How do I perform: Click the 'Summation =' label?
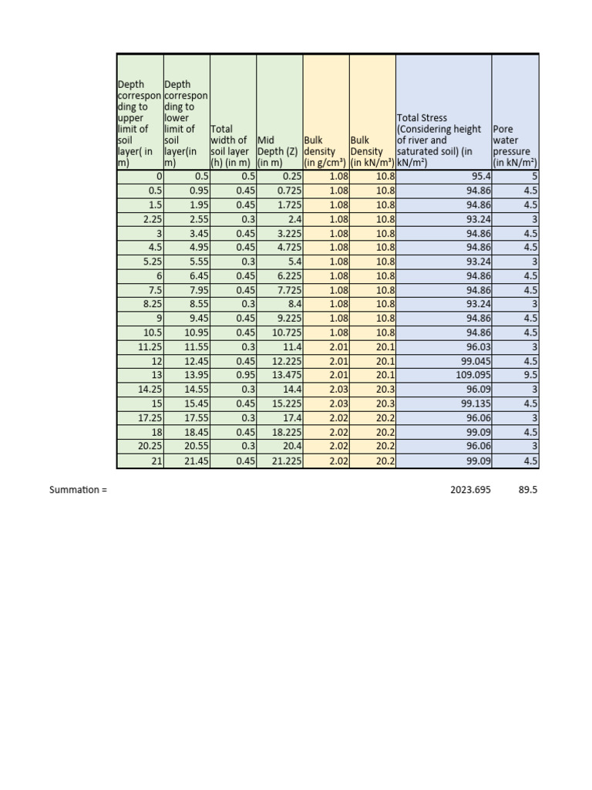pyautogui.click(x=79, y=490)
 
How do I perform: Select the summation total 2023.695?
pyautogui.click(x=470, y=490)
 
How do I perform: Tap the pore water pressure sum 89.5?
pyautogui.click(x=527, y=490)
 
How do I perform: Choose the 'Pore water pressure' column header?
pyautogui.click(x=514, y=147)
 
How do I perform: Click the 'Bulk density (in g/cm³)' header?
pyautogui.click(x=325, y=152)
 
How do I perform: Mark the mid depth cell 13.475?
pyautogui.click(x=284, y=375)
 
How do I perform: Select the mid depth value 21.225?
pyautogui.click(x=284, y=461)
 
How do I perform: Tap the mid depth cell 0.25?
pyautogui.click(x=291, y=177)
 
